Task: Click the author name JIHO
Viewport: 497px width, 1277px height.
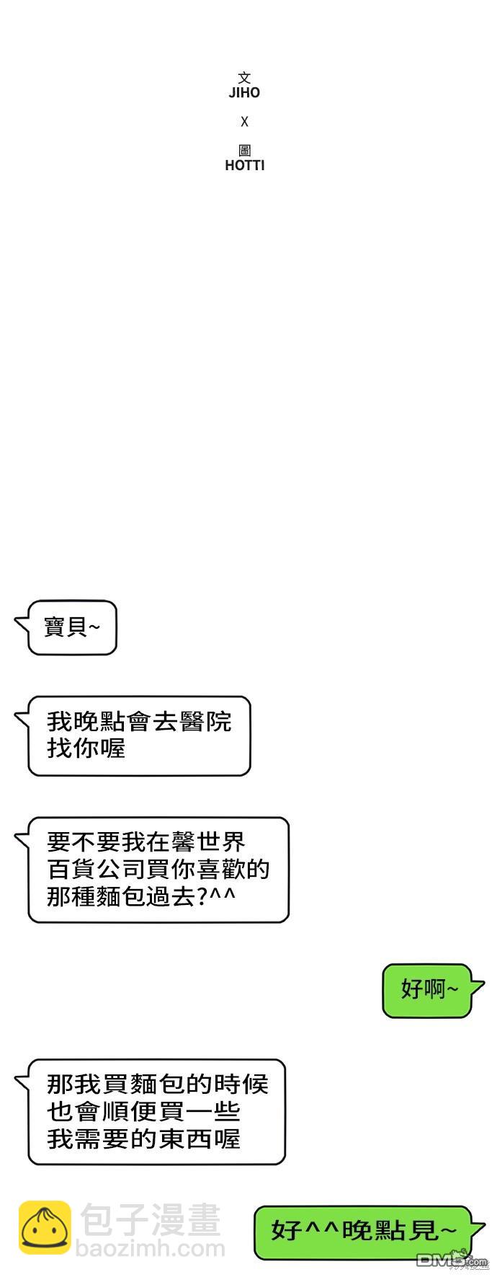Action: click(244, 92)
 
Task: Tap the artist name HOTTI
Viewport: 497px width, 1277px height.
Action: click(245, 165)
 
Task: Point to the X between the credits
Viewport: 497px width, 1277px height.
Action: click(245, 122)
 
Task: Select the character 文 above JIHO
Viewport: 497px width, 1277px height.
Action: click(245, 78)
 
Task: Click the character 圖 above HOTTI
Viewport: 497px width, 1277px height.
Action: click(245, 151)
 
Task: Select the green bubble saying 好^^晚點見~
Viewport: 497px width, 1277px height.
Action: click(370, 1233)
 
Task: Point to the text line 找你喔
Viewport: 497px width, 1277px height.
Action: click(86, 748)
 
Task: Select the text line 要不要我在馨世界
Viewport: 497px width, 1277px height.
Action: click(146, 842)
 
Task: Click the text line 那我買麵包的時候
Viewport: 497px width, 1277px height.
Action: click(158, 1084)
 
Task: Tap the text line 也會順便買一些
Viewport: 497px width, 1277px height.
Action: click(144, 1111)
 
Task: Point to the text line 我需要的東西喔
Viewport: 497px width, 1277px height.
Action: click(144, 1139)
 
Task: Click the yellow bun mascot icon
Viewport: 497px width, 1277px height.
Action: click(45, 1228)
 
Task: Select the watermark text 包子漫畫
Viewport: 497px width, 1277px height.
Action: click(150, 1221)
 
